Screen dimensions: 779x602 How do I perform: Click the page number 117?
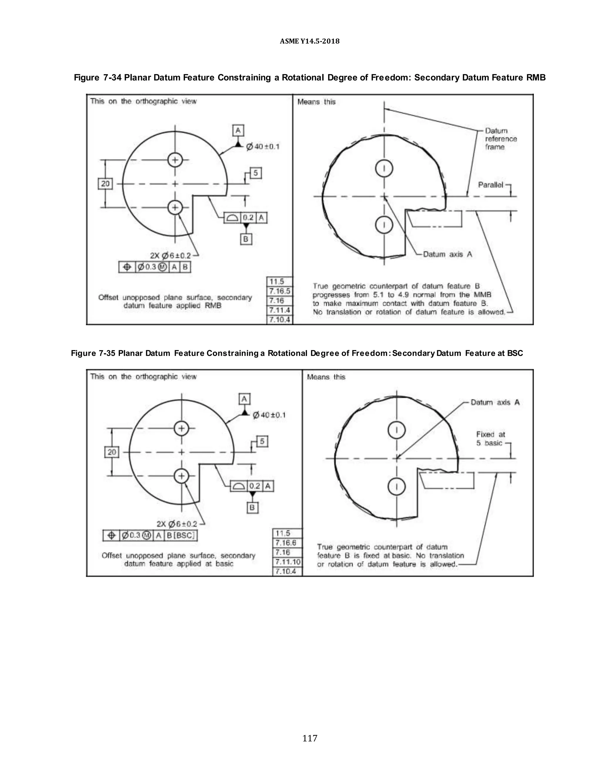pos(310,738)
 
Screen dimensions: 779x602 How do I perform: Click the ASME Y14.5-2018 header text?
pos(310,41)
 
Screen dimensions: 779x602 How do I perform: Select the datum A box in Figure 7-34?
pos(238,130)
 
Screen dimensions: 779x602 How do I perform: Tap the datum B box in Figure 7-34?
pos(246,239)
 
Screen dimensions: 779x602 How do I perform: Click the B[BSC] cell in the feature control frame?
pos(181,535)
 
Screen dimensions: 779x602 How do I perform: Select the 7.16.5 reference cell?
pos(280,291)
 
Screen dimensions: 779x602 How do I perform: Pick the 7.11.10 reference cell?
pos(287,562)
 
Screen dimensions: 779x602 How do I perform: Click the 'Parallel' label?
pos(490,185)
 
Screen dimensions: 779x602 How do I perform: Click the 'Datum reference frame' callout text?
pos(500,139)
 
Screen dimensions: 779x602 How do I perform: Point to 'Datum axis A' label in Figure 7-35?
pos(495,402)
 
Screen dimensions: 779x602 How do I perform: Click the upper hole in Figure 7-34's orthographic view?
pos(175,160)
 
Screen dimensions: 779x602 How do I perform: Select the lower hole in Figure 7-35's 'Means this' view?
pos(397,487)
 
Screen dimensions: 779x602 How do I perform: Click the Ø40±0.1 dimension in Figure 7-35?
pos(269,415)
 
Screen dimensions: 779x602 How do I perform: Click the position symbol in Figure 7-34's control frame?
pos(127,267)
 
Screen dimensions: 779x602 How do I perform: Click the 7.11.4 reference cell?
pos(280,310)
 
